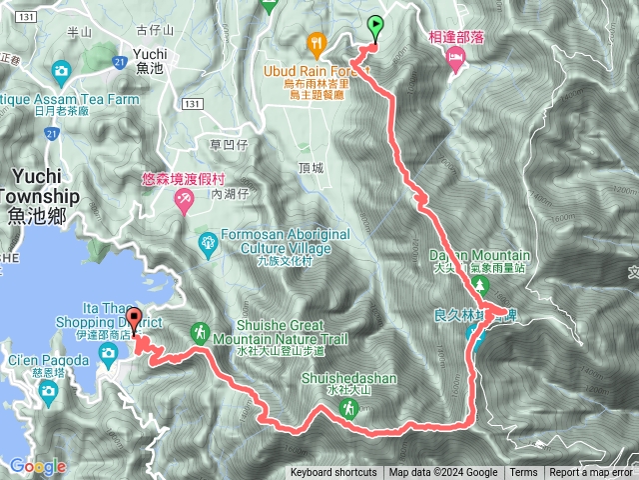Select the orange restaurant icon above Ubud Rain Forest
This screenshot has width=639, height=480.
317,43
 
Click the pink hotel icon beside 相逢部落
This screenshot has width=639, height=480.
454,63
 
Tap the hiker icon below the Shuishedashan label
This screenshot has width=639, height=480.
347,408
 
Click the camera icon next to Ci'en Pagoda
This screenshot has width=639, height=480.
105,362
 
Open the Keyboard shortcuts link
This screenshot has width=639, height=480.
333,473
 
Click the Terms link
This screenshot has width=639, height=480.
523,473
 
